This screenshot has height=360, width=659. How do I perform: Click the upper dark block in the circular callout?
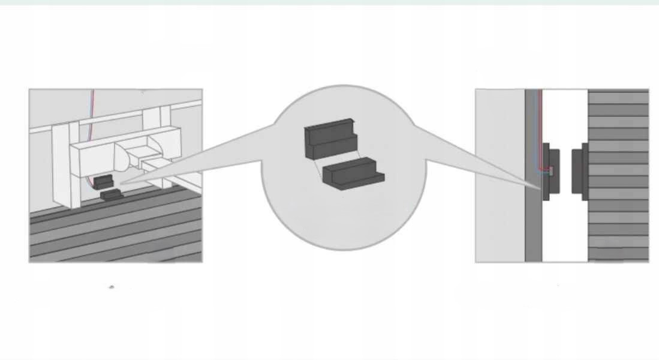(x=330, y=140)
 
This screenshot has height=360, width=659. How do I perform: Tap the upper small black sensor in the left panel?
(x=102, y=181)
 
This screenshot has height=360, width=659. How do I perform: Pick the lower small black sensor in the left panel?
(x=110, y=194)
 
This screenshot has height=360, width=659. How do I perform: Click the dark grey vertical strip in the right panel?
(x=532, y=228)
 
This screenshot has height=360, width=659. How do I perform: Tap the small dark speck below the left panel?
(x=112, y=287)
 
